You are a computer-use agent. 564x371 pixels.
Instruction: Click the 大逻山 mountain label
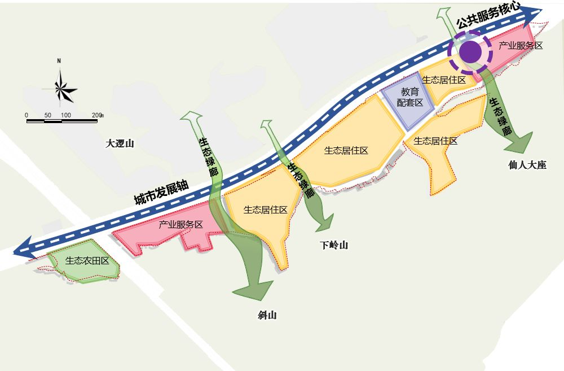point(120,143)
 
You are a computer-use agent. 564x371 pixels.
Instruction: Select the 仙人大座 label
point(527,166)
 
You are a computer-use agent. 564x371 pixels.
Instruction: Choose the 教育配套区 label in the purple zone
point(410,97)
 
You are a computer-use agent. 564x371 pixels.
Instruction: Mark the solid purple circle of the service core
point(470,52)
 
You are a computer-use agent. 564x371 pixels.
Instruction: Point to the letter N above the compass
point(59,61)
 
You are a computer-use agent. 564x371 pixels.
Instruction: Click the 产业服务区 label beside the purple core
point(521,46)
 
